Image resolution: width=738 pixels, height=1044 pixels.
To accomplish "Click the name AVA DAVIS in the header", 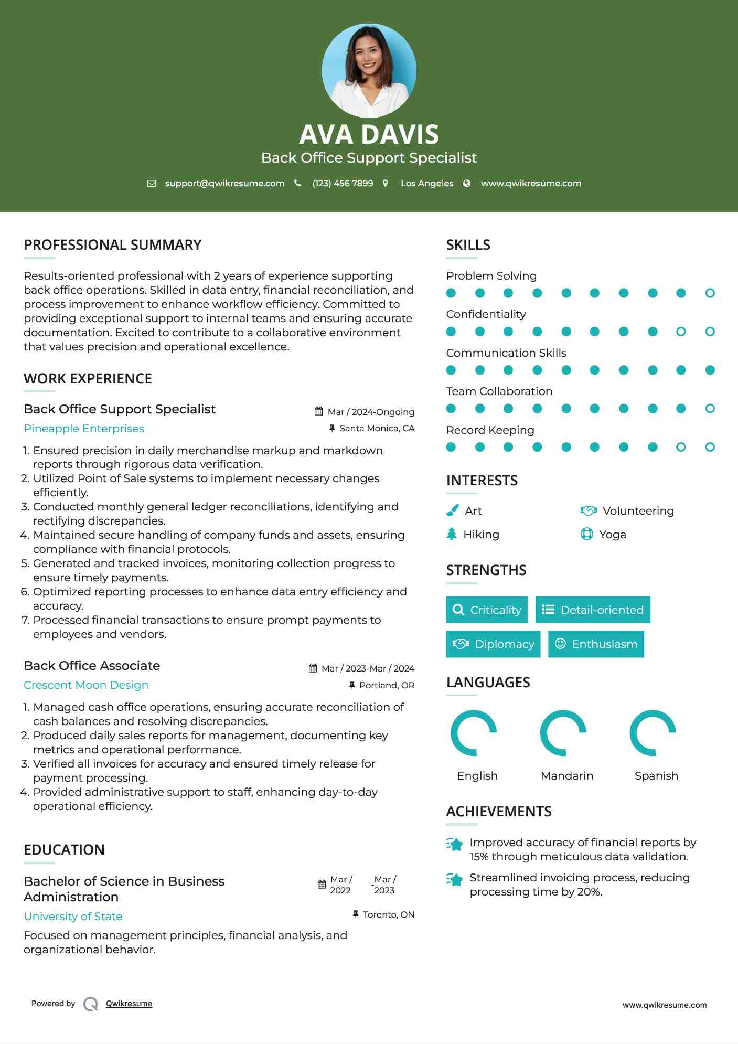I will click(369, 134).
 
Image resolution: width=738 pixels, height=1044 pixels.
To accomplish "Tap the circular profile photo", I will click(369, 70).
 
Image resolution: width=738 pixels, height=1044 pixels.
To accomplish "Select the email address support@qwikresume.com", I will click(224, 183).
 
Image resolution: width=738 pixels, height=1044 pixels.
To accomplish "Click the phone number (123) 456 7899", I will click(343, 183).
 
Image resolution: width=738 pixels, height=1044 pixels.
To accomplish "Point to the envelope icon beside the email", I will click(152, 184).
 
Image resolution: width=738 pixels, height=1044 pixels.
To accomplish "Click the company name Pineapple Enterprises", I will click(84, 429).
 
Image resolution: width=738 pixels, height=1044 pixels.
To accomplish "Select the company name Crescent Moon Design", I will click(86, 685).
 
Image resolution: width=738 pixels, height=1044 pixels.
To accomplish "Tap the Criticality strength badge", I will click(487, 610).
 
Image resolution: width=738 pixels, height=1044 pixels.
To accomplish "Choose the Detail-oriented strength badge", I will click(593, 610).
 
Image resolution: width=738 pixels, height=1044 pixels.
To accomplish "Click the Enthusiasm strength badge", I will click(596, 644).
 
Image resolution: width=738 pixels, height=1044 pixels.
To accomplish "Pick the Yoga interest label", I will click(612, 535).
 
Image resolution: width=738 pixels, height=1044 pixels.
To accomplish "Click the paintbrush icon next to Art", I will click(452, 510).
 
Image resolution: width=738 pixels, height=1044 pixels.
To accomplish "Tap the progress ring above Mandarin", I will click(563, 733).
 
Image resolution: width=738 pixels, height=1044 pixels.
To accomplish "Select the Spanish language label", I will click(656, 776).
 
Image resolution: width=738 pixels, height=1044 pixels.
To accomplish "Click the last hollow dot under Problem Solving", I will click(710, 293).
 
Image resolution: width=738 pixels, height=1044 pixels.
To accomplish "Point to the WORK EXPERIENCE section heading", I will click(88, 379).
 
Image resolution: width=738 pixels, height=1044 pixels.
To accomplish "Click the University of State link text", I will click(73, 917).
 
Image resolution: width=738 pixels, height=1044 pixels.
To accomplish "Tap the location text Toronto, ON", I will click(388, 914).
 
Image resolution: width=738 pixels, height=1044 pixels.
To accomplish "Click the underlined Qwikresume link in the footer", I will click(129, 1004).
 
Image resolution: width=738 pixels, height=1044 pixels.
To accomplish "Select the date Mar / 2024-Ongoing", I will click(371, 412).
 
